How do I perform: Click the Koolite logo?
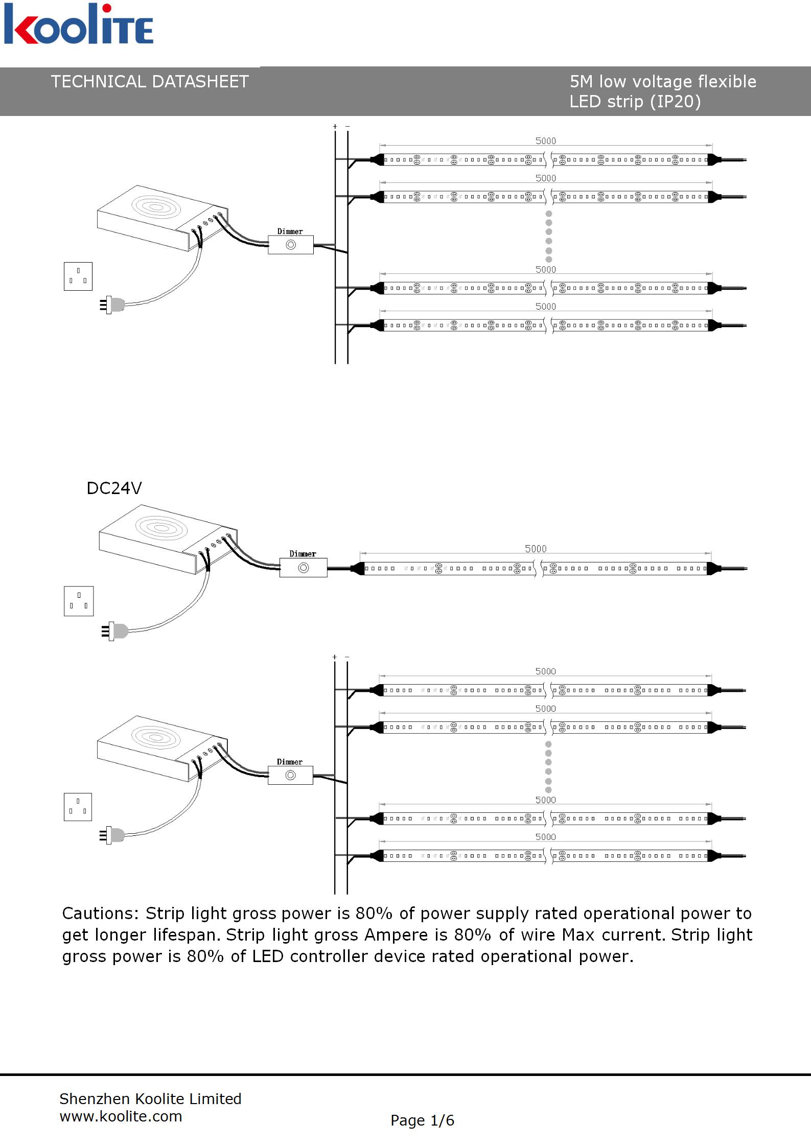click(78, 25)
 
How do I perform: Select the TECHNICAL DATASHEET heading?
click(150, 82)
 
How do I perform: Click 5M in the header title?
click(582, 82)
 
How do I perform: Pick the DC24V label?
click(114, 488)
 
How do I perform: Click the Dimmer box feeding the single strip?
click(303, 568)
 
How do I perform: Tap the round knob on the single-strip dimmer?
click(304, 568)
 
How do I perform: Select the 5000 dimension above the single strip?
click(536, 549)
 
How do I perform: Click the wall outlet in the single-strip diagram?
click(79, 601)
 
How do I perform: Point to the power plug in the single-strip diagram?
click(115, 631)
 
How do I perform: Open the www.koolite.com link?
click(121, 1116)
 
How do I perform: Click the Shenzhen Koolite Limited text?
click(150, 1098)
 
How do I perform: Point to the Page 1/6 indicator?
click(422, 1120)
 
